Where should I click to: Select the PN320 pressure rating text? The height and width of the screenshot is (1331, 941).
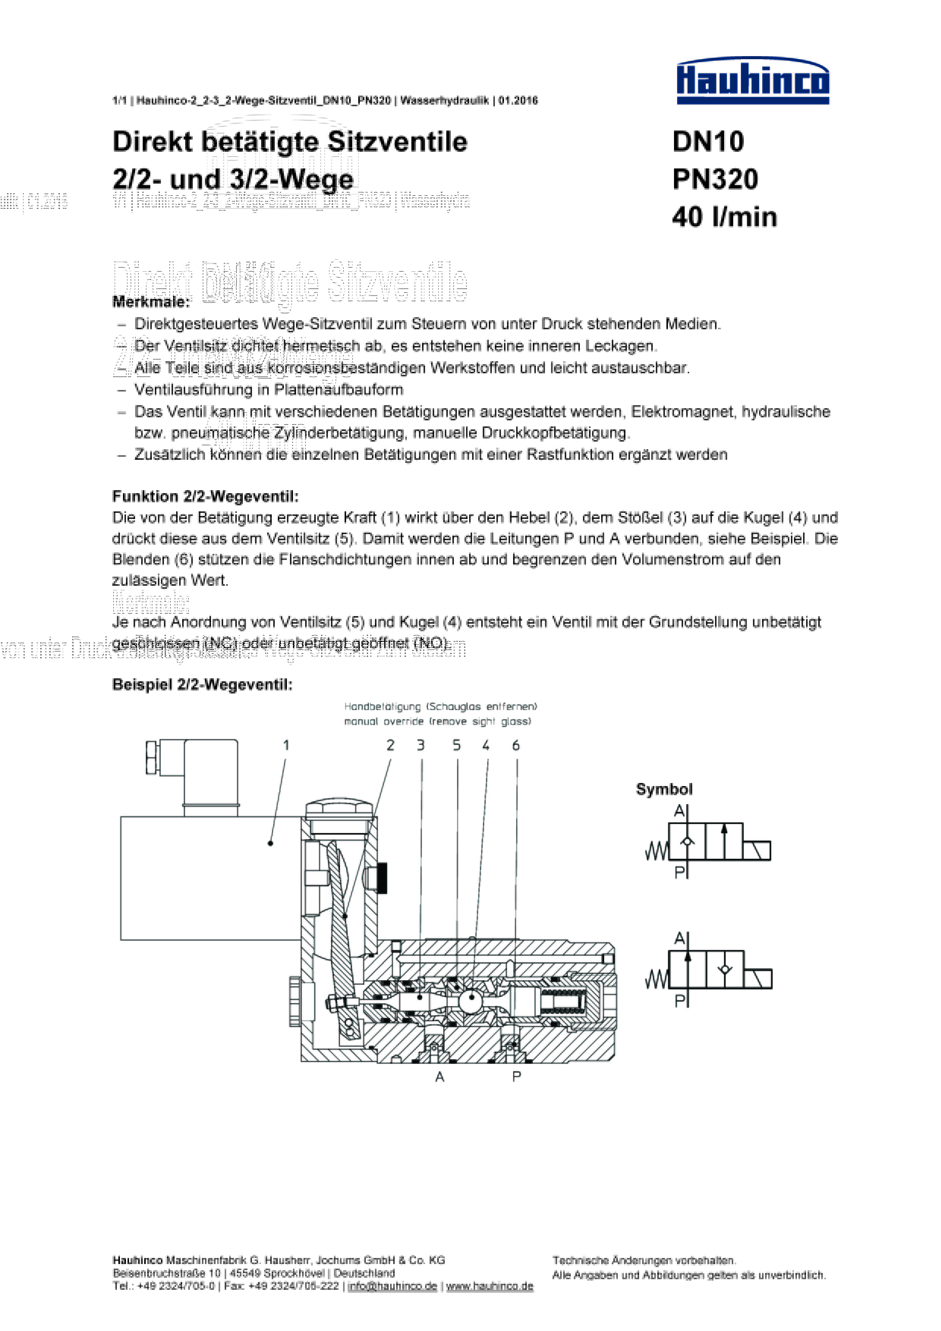715,179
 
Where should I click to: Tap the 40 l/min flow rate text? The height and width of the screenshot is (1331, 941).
724,217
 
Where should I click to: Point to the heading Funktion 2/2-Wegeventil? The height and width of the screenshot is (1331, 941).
205,496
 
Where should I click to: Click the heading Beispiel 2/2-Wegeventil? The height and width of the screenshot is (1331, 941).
202,685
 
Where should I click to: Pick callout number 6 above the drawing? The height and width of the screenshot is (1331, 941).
515,745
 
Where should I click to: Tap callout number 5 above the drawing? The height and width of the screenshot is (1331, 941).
456,745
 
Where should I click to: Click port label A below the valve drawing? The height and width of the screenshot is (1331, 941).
439,1077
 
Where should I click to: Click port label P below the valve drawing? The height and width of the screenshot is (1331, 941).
516,1077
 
